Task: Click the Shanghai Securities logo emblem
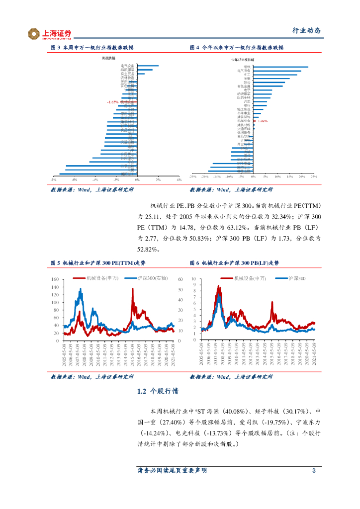coord(34,34)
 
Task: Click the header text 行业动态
coord(306,30)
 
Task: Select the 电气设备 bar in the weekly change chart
coord(148,66)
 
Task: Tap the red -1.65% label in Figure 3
coord(112,102)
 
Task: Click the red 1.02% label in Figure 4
coord(263,121)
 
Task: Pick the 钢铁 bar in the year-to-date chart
coord(281,67)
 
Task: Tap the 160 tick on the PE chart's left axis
coord(55,280)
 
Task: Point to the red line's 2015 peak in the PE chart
coord(133,289)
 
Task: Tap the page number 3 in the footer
coord(313,470)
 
